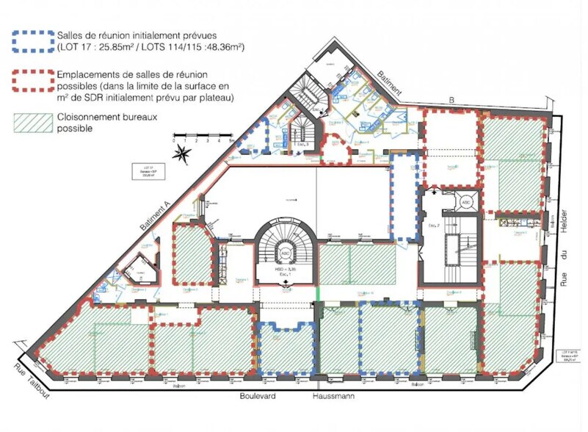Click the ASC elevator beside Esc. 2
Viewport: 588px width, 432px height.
coord(465,202)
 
